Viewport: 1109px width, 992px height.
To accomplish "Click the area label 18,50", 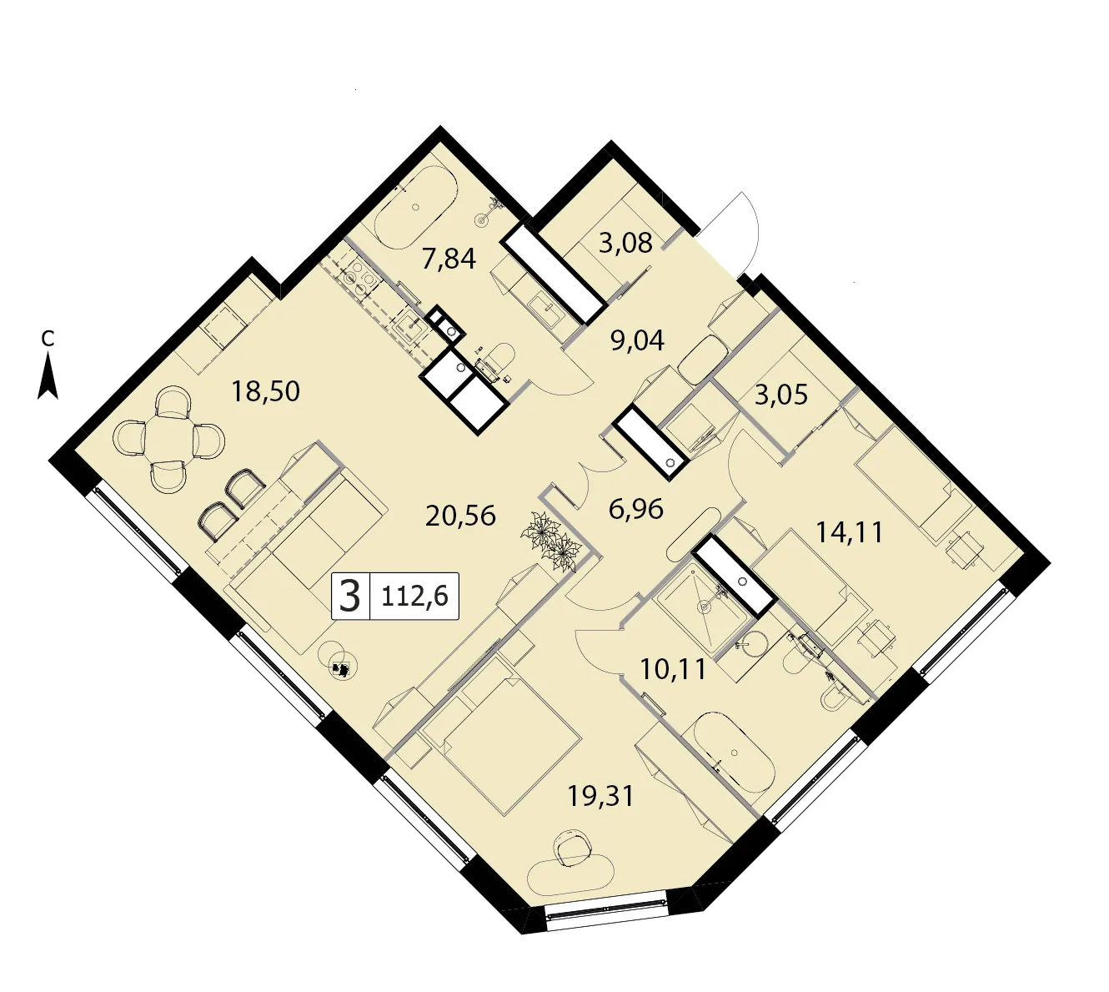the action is click(265, 391).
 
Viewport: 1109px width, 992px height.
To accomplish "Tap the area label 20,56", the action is click(460, 516).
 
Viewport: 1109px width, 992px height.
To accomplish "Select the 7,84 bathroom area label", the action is click(449, 259).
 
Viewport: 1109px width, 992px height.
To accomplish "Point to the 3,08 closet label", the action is click(625, 243).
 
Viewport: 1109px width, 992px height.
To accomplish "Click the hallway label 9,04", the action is click(637, 340).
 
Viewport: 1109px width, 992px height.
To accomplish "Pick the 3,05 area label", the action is click(781, 394).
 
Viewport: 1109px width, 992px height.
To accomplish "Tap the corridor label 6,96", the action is click(636, 509).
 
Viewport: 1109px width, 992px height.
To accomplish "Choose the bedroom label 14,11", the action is click(850, 531).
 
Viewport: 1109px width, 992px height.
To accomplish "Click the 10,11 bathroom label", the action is click(673, 669).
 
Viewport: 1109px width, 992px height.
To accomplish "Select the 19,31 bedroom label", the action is click(601, 795).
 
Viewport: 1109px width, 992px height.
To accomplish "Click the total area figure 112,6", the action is click(415, 596).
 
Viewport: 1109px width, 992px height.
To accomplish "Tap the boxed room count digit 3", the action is click(350, 596).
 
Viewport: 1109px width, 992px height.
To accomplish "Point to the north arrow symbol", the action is click(48, 375).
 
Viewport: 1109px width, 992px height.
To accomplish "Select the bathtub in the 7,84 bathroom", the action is click(416, 207).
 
